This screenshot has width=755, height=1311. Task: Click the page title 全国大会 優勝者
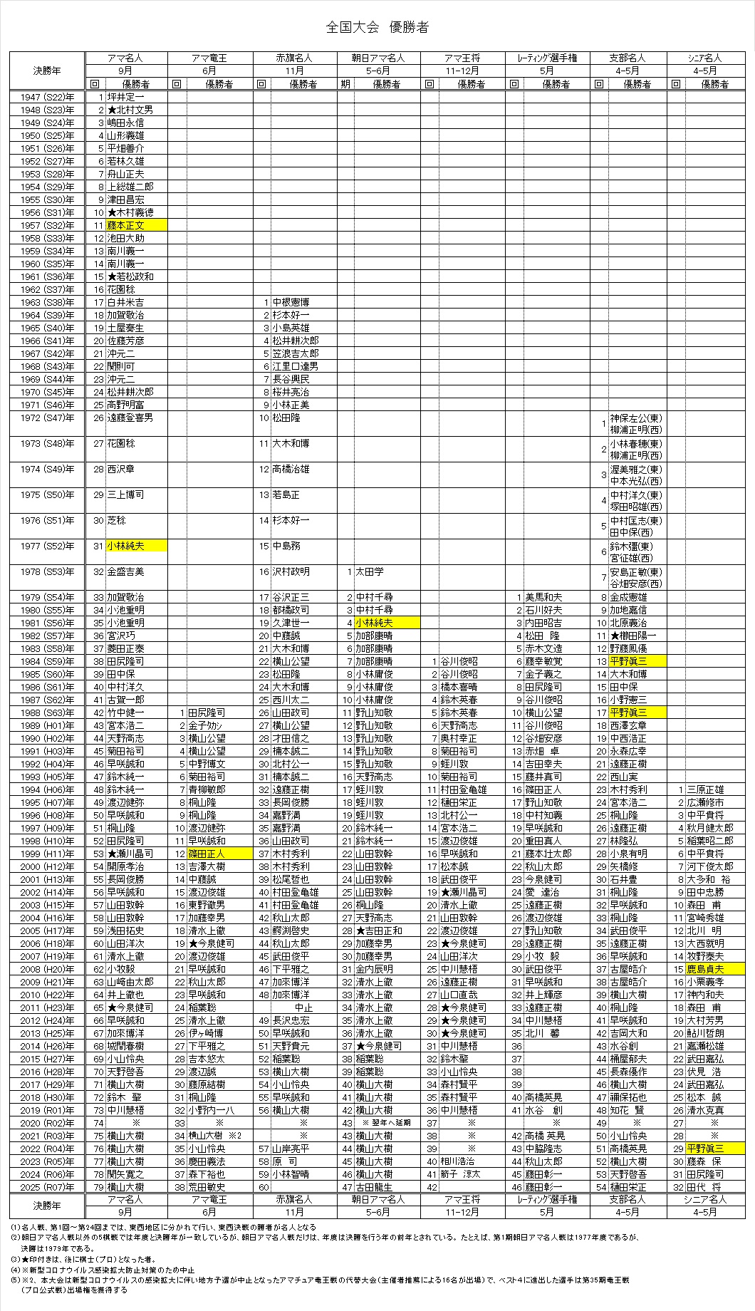coord(377,28)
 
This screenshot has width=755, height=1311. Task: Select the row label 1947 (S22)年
coord(47,97)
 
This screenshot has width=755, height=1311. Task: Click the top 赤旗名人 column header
coord(294,58)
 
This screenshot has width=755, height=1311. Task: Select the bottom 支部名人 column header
coord(628,1200)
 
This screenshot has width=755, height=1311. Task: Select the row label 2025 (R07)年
coord(47,1187)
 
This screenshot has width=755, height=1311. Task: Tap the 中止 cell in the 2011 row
coord(304,1007)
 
